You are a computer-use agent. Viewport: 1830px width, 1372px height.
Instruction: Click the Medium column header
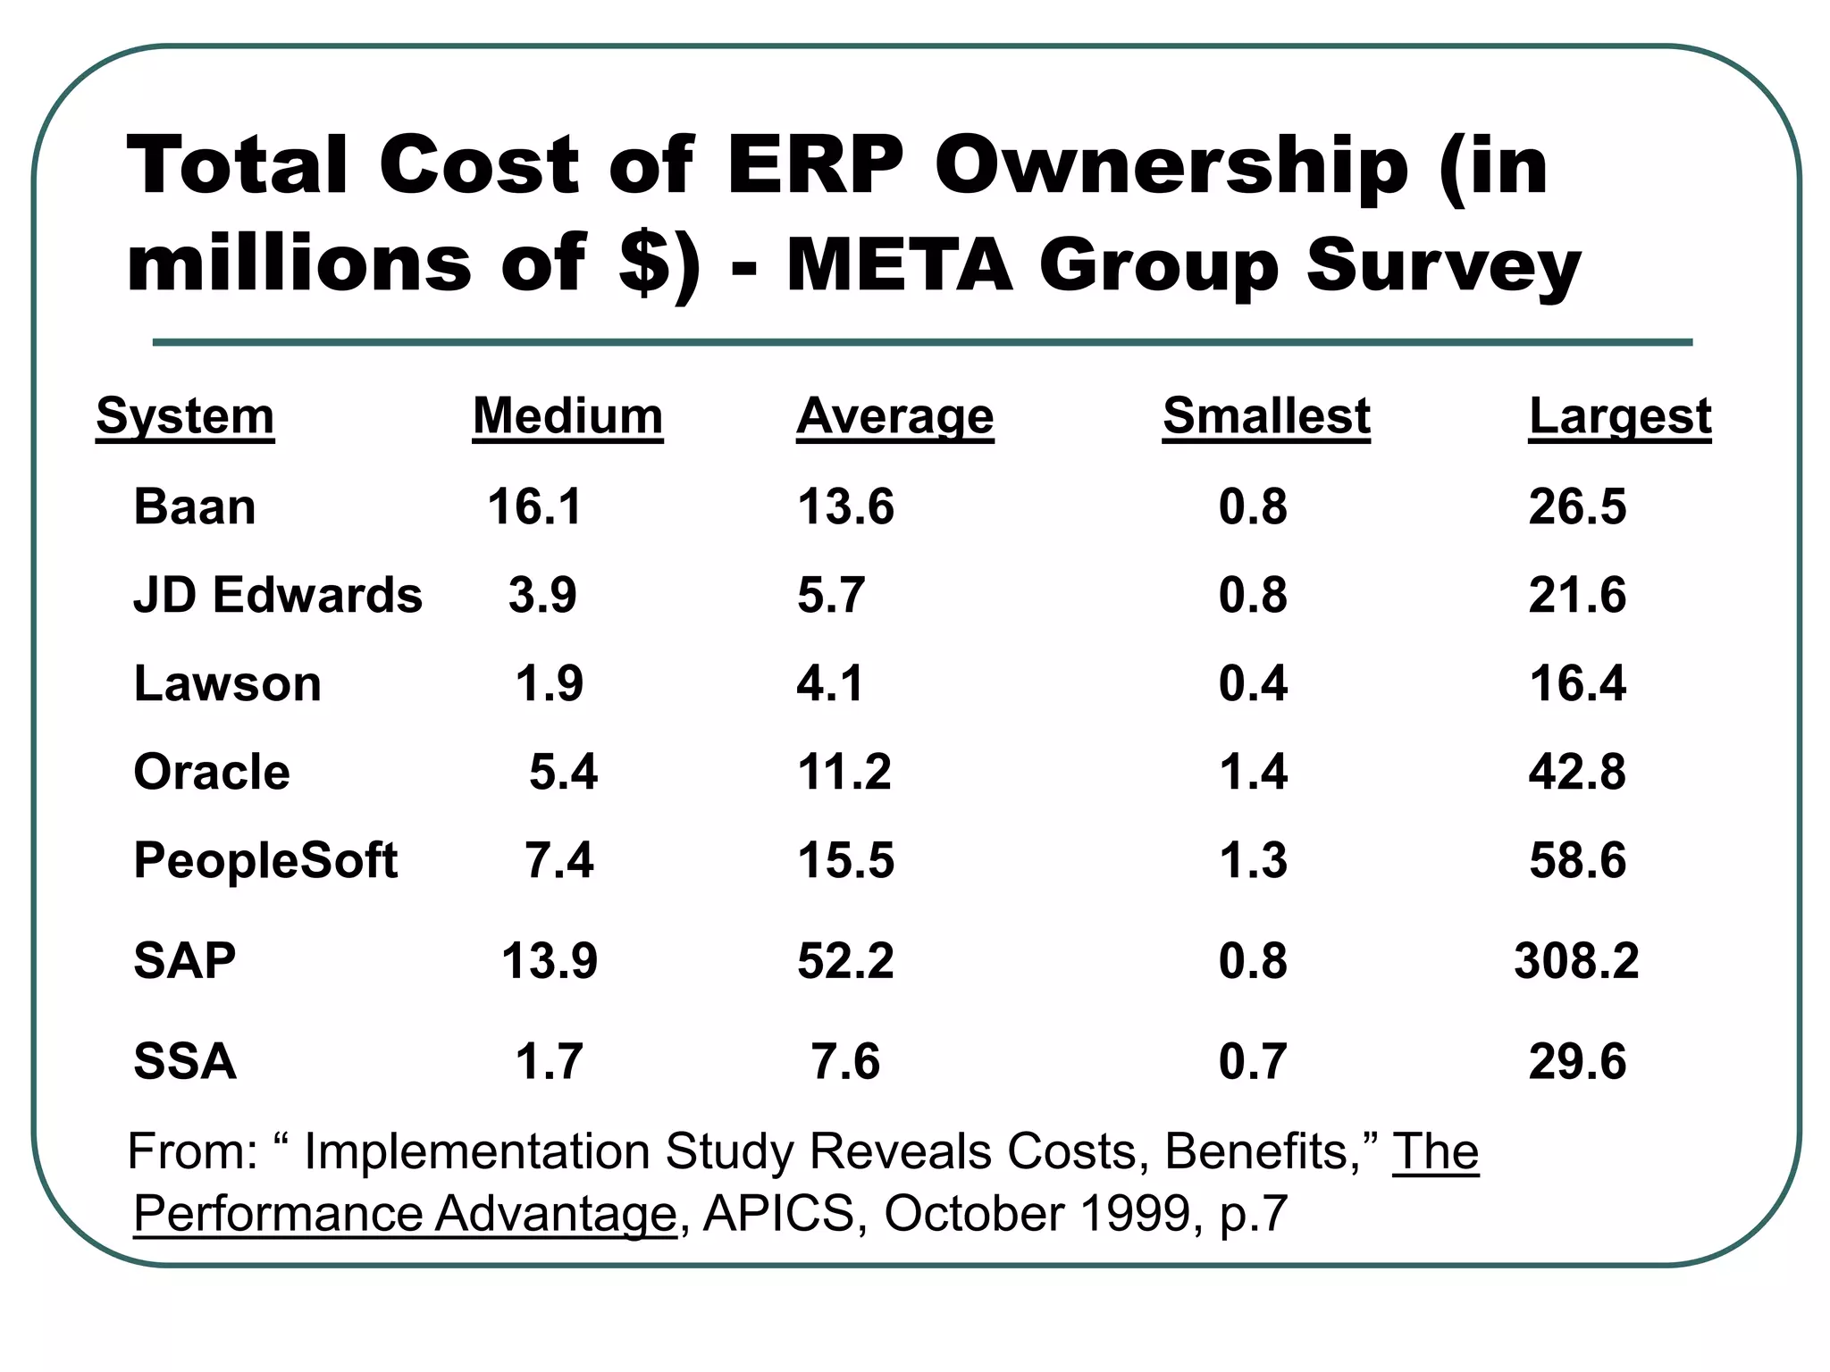tap(567, 416)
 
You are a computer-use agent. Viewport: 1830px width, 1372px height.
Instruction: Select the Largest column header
tap(1619, 416)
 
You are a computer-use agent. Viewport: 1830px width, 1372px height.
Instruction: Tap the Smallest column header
tap(1266, 416)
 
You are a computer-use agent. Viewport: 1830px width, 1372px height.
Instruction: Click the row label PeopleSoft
tap(265, 860)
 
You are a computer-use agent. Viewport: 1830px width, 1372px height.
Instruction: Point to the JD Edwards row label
tap(278, 595)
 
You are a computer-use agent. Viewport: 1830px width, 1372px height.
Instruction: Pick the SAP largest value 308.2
tap(1576, 961)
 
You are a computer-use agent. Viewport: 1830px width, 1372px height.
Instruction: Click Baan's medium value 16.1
tap(534, 506)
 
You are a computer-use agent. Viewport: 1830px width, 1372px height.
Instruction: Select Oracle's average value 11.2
tap(844, 772)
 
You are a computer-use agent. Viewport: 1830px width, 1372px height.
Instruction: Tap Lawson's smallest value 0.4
tap(1253, 683)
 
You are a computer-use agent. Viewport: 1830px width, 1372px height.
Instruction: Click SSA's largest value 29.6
tap(1577, 1062)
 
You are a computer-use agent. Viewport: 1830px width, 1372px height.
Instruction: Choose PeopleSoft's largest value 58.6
tap(1577, 860)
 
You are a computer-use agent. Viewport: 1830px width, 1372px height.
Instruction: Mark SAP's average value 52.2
tap(845, 961)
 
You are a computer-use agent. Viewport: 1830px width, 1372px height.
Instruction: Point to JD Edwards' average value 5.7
tap(831, 595)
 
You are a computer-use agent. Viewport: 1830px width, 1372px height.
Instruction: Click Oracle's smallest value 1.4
tap(1253, 772)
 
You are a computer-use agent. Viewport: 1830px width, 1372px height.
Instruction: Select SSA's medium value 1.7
tap(549, 1062)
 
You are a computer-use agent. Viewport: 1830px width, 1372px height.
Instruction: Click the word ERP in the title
tap(815, 165)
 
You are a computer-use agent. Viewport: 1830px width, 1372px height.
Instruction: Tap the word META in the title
tap(899, 265)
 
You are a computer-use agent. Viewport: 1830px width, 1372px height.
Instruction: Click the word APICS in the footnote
tap(778, 1214)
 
